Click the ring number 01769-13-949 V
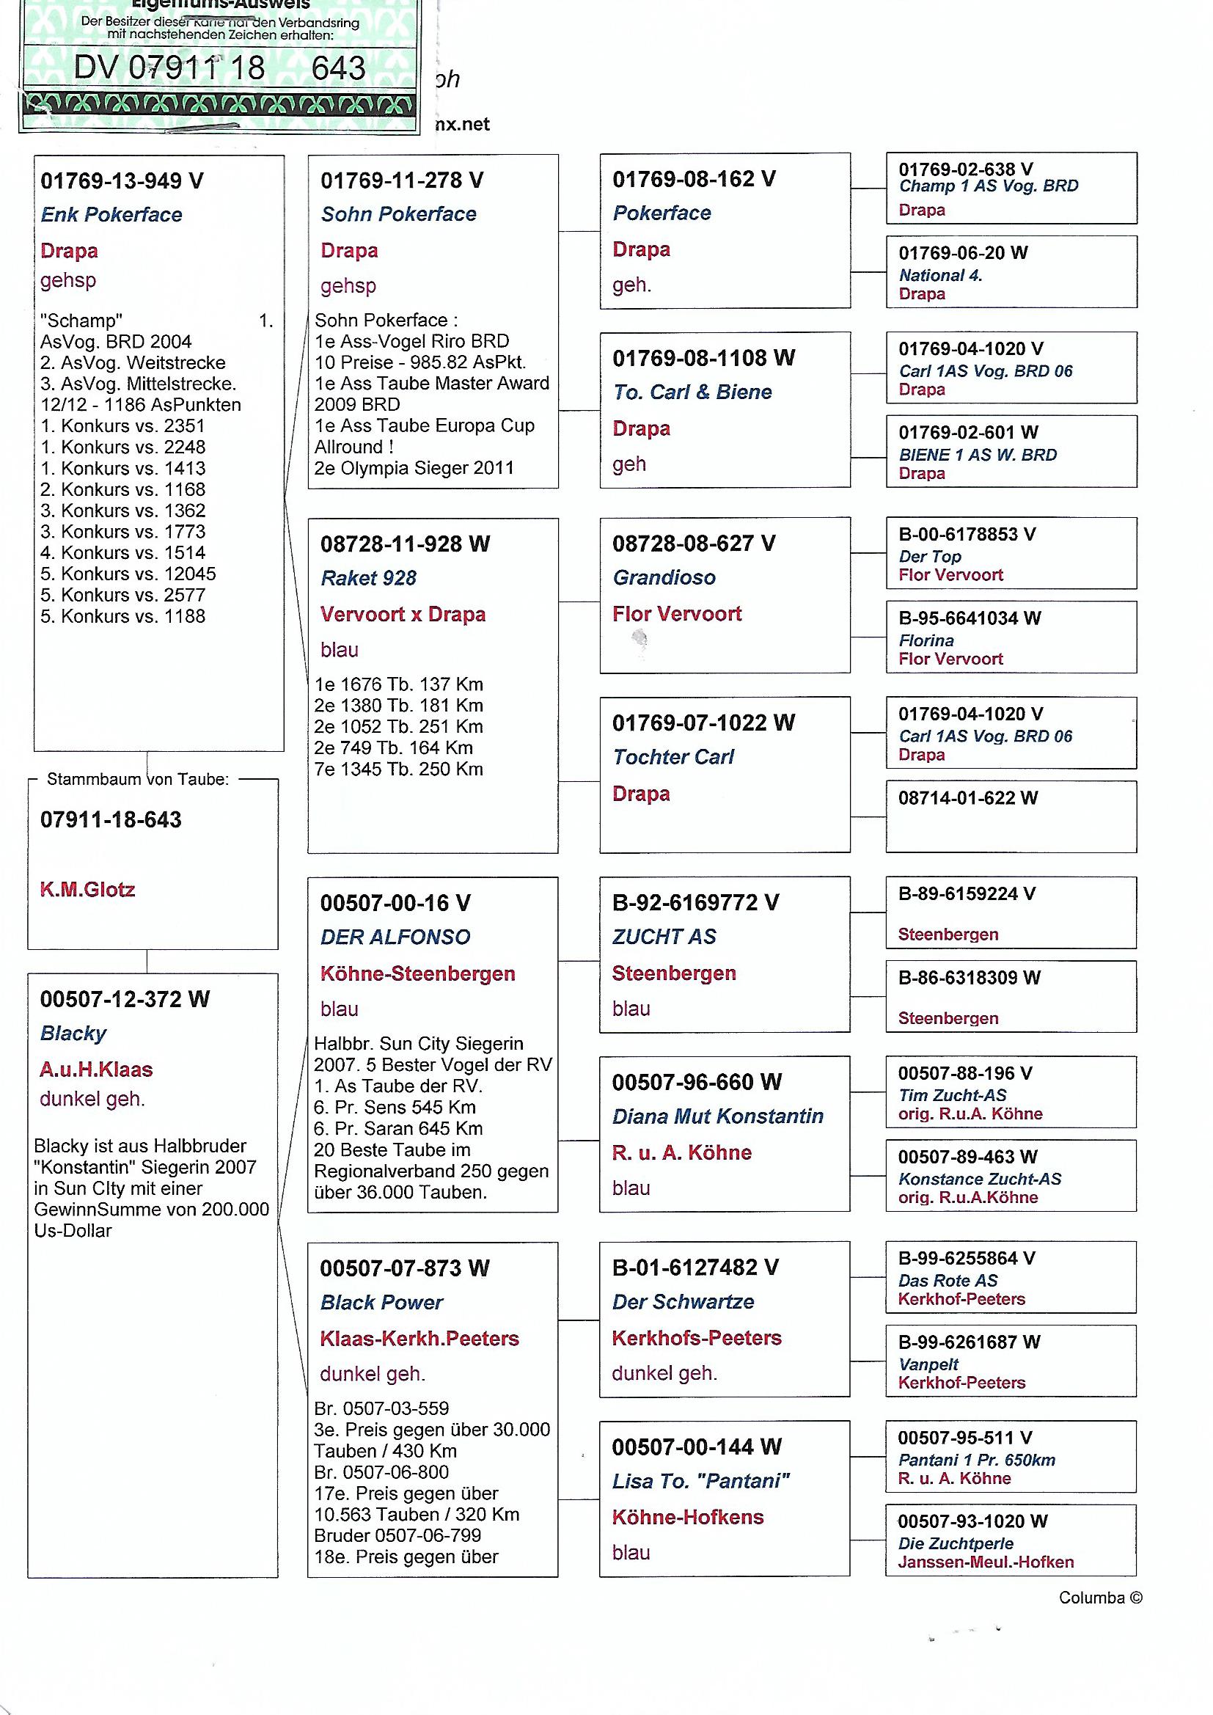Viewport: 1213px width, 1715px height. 122,180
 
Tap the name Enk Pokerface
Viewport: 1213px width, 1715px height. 111,215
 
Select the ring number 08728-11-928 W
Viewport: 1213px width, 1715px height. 405,544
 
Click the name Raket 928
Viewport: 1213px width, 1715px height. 368,578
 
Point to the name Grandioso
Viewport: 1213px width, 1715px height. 664,577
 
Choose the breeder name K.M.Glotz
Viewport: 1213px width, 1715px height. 87,890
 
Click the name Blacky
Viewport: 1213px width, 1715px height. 73,1033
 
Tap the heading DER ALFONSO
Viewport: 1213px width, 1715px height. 395,937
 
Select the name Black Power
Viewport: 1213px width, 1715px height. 381,1302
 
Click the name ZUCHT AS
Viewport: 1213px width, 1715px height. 664,936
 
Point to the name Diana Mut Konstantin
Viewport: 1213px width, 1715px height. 717,1116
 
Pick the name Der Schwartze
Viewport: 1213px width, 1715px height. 683,1301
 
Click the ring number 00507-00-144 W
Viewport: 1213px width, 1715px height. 696,1447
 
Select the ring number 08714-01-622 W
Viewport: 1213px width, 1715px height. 967,798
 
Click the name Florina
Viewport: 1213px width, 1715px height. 926,640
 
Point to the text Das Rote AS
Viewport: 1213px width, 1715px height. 947,1280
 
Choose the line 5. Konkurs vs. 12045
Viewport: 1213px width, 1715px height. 128,574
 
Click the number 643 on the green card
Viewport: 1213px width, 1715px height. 338,68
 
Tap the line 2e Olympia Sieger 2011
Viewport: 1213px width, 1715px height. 414,468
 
